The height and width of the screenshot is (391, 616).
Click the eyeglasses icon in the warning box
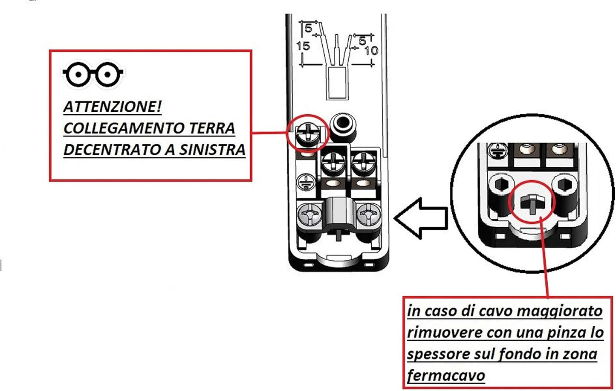pos(93,74)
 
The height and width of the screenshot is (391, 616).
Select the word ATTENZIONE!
pos(113,107)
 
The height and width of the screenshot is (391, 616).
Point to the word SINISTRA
pos(212,150)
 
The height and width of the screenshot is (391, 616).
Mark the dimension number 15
pos(304,46)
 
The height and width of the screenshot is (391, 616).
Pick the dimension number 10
pos(371,51)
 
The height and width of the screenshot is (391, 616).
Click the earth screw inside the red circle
pos(308,134)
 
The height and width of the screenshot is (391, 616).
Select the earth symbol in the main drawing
pos(306,182)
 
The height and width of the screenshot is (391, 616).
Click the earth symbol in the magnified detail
pos(498,151)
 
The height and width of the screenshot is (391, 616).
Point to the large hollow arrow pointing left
pos(421,218)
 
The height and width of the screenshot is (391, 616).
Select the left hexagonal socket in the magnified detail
pos(502,185)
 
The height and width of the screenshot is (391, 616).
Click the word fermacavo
pos(446,376)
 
